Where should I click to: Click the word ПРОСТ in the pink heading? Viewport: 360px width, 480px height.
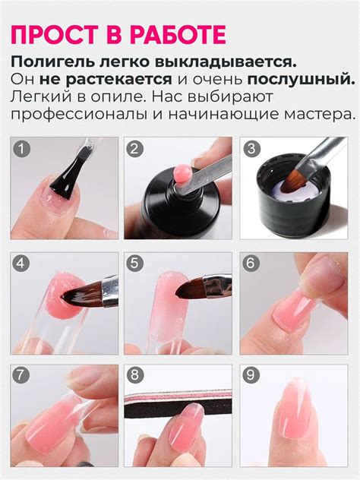(55, 35)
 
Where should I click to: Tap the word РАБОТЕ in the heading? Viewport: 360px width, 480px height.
(178, 35)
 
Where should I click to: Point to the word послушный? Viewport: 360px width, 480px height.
(301, 80)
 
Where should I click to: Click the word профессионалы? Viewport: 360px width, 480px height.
(82, 115)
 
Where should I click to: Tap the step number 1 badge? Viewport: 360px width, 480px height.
(21, 149)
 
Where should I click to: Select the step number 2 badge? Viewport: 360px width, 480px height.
(134, 149)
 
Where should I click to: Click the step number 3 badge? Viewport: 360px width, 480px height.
(251, 149)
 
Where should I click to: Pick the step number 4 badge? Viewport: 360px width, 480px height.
(21, 264)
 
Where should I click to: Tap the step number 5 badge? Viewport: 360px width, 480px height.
(134, 264)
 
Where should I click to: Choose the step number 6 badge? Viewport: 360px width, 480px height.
(251, 264)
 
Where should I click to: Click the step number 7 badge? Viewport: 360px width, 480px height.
(21, 375)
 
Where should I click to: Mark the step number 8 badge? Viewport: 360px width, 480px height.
(134, 375)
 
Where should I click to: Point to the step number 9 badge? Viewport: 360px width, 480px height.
(251, 375)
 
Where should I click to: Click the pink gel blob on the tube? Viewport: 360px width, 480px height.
(182, 173)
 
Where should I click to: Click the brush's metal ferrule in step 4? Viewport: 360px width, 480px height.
(110, 292)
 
